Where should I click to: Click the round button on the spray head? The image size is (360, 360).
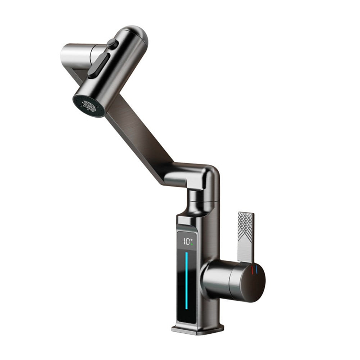(113, 44)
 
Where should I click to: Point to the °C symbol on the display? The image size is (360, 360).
(192, 240)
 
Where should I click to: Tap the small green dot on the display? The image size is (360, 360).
(192, 245)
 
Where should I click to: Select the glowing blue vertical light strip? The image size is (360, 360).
(186, 281)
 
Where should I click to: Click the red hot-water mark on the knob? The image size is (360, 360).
(252, 269)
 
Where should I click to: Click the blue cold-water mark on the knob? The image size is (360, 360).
(257, 269)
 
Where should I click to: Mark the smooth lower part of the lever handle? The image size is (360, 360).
(246, 248)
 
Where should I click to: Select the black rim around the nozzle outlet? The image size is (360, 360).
(79, 108)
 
